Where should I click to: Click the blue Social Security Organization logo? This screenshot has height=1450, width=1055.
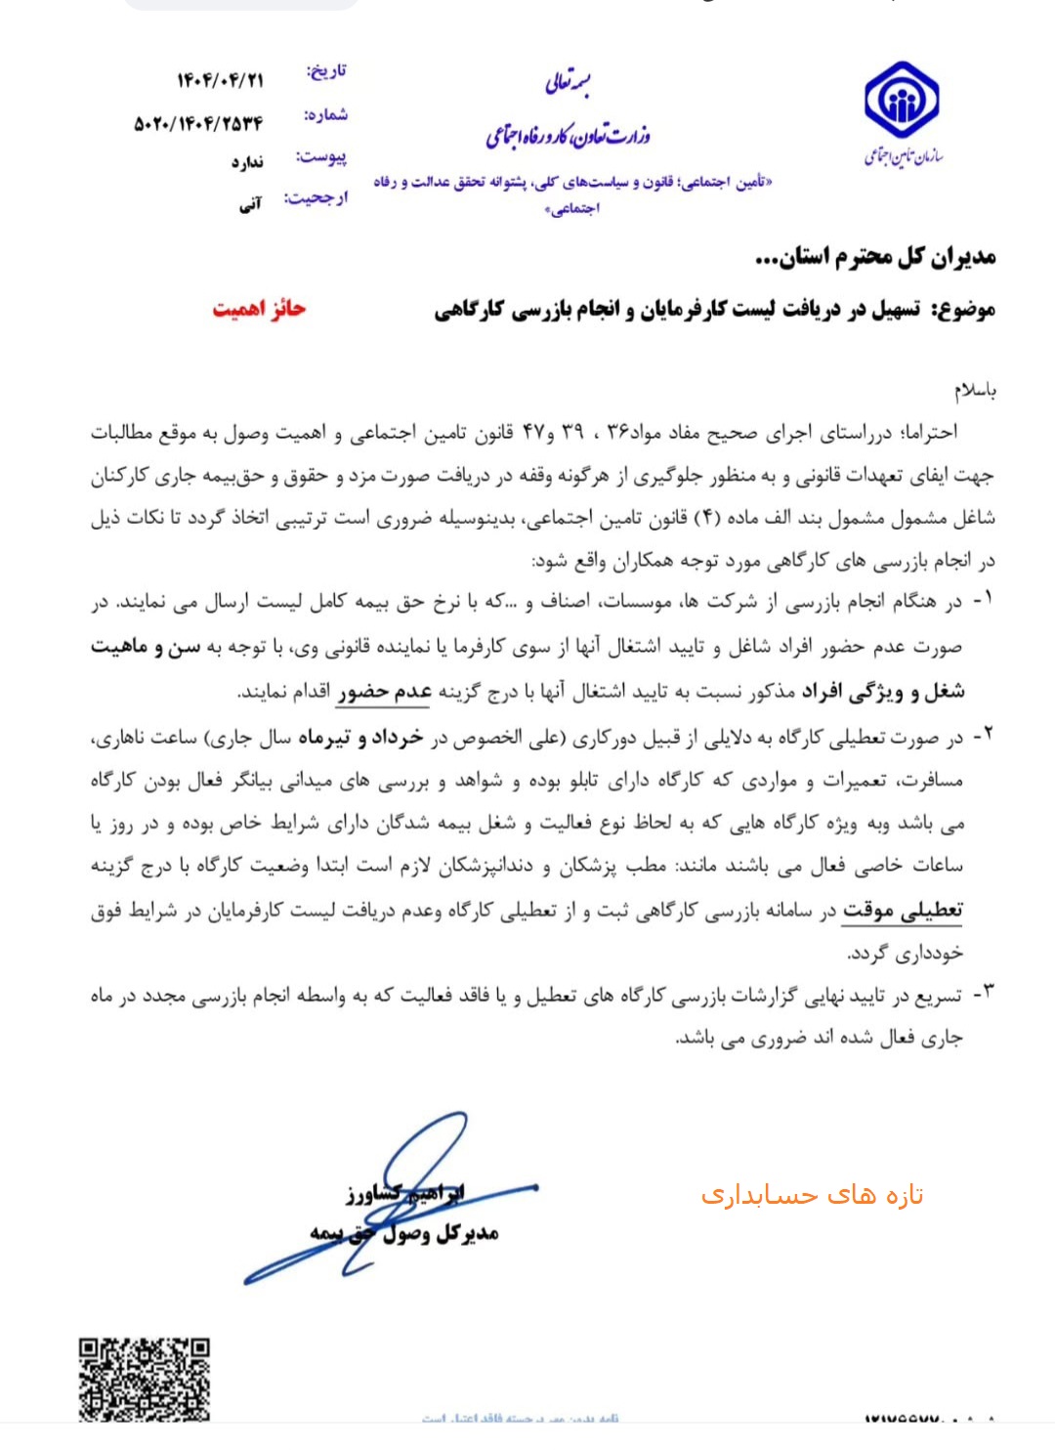[x=901, y=101]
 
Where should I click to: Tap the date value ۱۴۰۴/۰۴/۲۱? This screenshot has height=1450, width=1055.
[x=220, y=80]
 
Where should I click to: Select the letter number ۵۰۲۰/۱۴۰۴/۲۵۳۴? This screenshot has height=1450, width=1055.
[x=198, y=124]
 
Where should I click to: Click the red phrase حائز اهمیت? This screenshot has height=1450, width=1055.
[x=259, y=309]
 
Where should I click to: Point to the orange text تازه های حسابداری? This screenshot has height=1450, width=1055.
[x=812, y=1194]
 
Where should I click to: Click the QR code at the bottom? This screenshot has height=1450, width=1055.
[x=144, y=1380]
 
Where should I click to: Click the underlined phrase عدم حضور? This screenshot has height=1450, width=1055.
[x=384, y=692]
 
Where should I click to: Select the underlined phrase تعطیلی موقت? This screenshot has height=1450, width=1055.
[x=902, y=911]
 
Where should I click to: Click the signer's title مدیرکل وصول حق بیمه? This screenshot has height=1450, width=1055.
[x=404, y=1233]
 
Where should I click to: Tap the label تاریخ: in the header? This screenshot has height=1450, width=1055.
[x=326, y=71]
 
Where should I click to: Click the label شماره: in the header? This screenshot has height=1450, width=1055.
[x=325, y=114]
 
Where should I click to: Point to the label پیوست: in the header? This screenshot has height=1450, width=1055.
[x=321, y=156]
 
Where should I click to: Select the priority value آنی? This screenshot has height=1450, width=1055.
[x=251, y=204]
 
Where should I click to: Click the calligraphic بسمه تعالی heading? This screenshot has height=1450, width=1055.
[x=569, y=82]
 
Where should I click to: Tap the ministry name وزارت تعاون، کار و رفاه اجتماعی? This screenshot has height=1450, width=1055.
[x=568, y=135]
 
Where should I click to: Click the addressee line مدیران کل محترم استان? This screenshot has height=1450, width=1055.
[x=875, y=257]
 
